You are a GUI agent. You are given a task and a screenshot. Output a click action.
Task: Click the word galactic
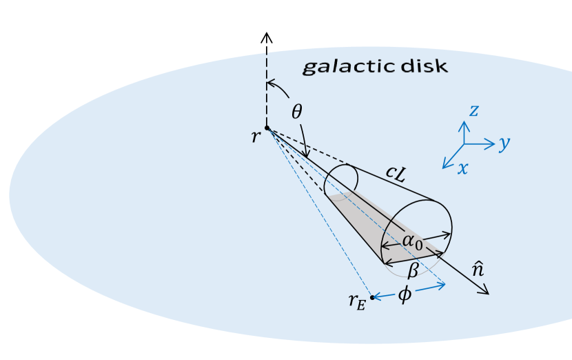point(343,67)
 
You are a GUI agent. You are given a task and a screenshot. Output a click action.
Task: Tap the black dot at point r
point(267,128)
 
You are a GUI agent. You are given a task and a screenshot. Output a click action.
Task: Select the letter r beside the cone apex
point(256,136)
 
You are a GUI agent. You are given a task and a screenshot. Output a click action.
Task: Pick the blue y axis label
point(504,143)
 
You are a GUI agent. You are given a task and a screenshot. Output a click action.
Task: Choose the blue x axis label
point(462,167)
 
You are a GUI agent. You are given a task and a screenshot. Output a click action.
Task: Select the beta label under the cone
point(412,268)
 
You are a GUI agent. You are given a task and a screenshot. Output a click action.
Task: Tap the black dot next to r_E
point(372,297)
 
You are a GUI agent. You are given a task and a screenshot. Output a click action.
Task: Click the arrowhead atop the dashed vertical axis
point(267,37)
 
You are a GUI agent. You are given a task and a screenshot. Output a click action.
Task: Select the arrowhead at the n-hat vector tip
point(484,290)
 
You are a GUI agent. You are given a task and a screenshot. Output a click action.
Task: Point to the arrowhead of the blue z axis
point(464,125)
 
